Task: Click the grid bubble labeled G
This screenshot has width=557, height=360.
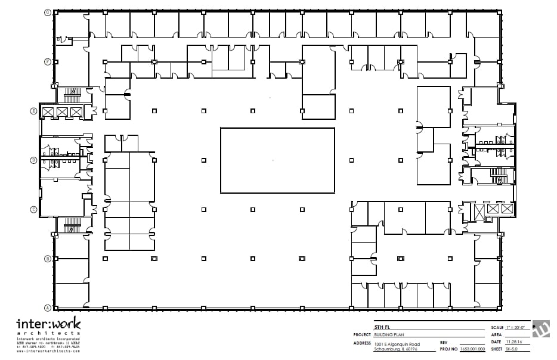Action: [x=47, y=12]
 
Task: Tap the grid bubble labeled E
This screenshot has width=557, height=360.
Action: [x=34, y=111]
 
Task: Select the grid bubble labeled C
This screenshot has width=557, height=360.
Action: [x=34, y=209]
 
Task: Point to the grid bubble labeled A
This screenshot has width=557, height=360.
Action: [x=47, y=308]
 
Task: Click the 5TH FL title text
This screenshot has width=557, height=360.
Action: [x=379, y=328]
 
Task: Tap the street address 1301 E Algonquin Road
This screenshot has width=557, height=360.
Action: [x=397, y=344]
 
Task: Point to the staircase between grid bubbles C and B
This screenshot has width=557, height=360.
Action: [x=72, y=225]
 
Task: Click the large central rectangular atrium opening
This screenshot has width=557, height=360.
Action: [x=277, y=160]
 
